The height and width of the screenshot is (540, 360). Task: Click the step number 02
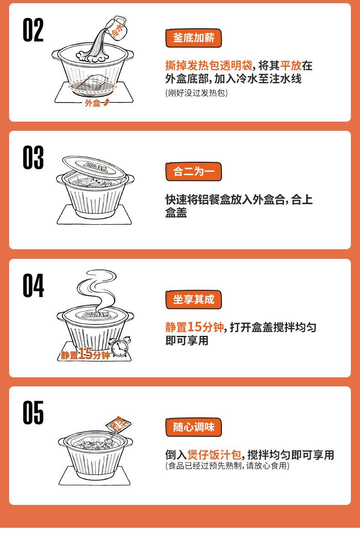(x=33, y=31)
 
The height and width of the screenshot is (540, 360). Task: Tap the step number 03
(x=33, y=158)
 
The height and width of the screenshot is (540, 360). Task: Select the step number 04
(x=33, y=286)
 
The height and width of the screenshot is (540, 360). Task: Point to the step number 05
(x=33, y=413)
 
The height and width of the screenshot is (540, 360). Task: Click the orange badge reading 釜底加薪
(x=193, y=38)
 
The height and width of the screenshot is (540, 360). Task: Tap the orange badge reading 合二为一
(x=193, y=172)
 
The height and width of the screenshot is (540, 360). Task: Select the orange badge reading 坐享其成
(x=193, y=299)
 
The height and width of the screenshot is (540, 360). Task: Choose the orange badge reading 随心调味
(x=193, y=427)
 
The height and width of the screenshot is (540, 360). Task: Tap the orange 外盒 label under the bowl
(x=93, y=103)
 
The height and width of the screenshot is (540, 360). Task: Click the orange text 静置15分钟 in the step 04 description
(x=195, y=327)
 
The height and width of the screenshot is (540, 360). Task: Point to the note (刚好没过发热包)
(x=196, y=93)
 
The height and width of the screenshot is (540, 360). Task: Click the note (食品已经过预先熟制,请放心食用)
(x=226, y=466)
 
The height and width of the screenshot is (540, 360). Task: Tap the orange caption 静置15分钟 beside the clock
(x=86, y=355)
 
